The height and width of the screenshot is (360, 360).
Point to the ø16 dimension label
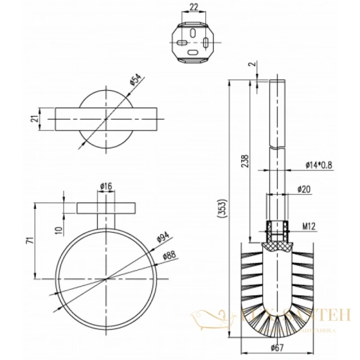point(106,187)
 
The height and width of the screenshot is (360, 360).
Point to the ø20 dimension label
point(304,190)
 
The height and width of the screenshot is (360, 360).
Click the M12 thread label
point(308,227)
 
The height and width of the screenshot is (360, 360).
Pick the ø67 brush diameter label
point(277,347)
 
